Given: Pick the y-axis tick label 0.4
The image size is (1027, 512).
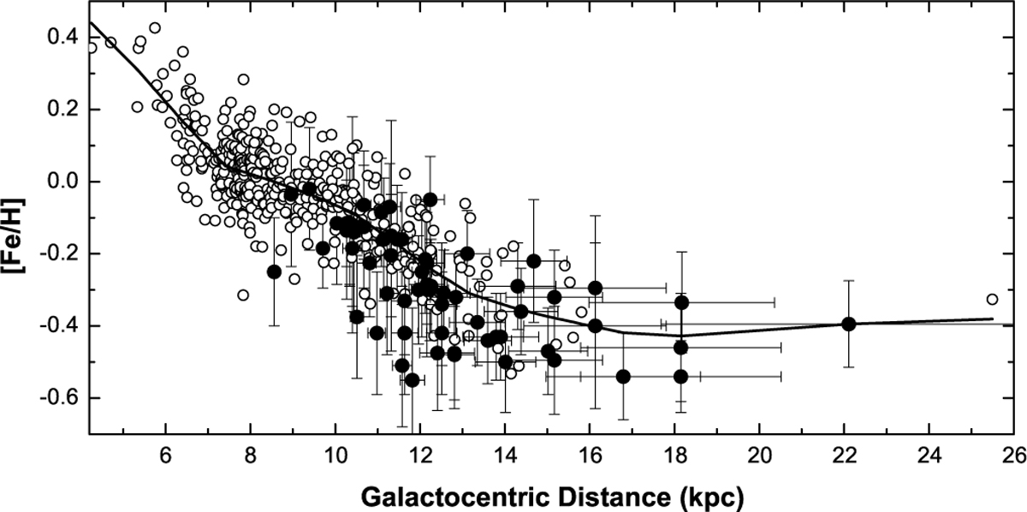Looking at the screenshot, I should (x=65, y=38).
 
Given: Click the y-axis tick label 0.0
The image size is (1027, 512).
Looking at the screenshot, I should (x=65, y=182).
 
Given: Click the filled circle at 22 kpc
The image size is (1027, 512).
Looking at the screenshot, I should (x=849, y=324).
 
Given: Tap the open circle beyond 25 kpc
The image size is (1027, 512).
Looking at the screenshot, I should (x=992, y=300).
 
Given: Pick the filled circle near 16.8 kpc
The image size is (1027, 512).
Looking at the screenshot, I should (x=623, y=377).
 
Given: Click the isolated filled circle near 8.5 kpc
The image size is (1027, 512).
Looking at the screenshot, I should (x=274, y=271).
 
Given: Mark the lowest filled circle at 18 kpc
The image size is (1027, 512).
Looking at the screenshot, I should (x=681, y=377).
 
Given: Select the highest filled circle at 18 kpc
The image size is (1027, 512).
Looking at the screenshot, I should (x=681, y=302).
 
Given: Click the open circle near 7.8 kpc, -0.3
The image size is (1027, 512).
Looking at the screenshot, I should (x=243, y=295).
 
